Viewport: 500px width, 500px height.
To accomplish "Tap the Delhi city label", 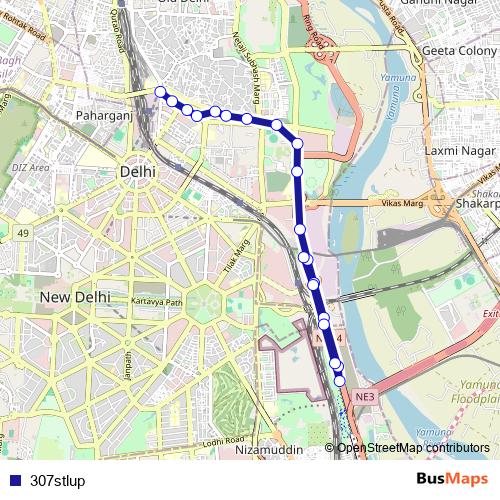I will point(137,172).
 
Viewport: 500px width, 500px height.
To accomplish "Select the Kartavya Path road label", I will point(159,302).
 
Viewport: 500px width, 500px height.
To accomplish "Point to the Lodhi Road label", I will point(222,441).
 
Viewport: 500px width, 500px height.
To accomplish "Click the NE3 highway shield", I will point(365,397).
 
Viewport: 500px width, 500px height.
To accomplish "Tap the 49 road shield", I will point(21,233).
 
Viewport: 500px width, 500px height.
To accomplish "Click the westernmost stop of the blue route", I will point(160,92).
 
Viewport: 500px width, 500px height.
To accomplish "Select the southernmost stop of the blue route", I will point(340,380).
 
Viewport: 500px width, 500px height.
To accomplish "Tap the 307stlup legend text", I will point(58,481).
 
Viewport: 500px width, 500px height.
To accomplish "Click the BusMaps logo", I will point(452,480).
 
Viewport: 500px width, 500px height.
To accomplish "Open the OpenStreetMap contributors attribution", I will point(413,448).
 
